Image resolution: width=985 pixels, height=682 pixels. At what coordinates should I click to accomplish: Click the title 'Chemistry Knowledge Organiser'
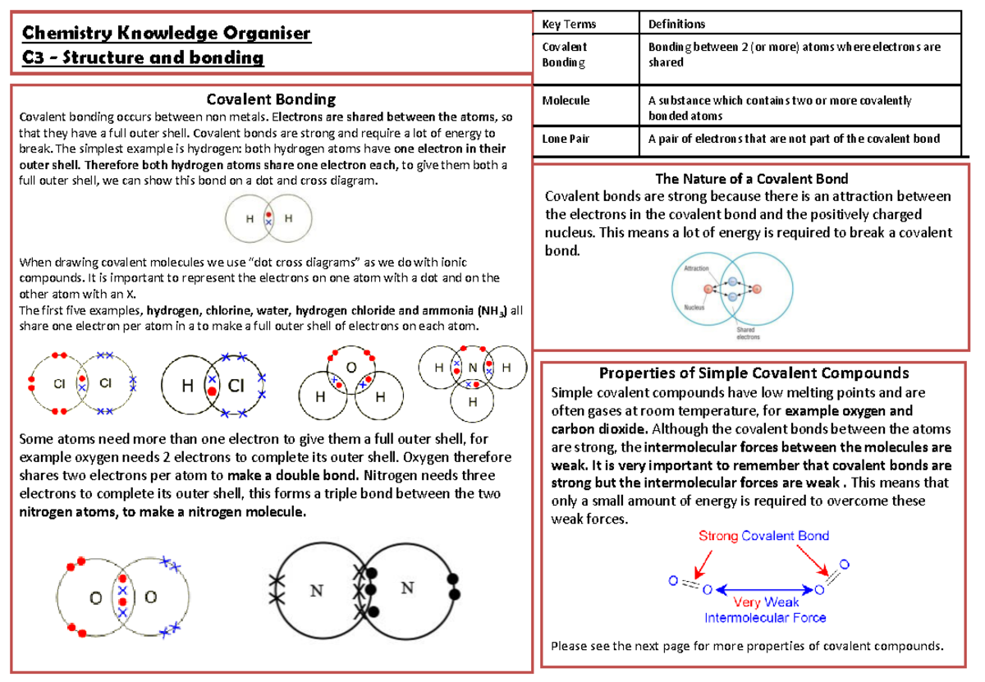click(166, 34)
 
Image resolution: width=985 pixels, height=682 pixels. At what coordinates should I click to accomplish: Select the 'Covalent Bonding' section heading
click(271, 99)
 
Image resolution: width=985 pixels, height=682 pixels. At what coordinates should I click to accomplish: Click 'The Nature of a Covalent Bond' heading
click(750, 178)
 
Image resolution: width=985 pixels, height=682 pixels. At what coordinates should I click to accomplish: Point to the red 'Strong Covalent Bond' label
click(763, 536)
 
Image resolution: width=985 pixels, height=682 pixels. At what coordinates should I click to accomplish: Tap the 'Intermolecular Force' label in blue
click(765, 617)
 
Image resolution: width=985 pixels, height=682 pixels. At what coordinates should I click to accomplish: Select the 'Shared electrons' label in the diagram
click(746, 333)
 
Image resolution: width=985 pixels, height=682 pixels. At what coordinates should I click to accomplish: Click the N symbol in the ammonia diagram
click(473, 368)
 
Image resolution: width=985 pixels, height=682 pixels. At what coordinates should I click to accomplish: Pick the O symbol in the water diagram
click(350, 367)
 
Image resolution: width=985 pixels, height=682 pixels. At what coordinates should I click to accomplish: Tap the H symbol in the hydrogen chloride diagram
click(188, 385)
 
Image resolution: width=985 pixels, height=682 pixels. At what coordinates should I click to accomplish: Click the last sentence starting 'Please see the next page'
click(747, 646)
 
